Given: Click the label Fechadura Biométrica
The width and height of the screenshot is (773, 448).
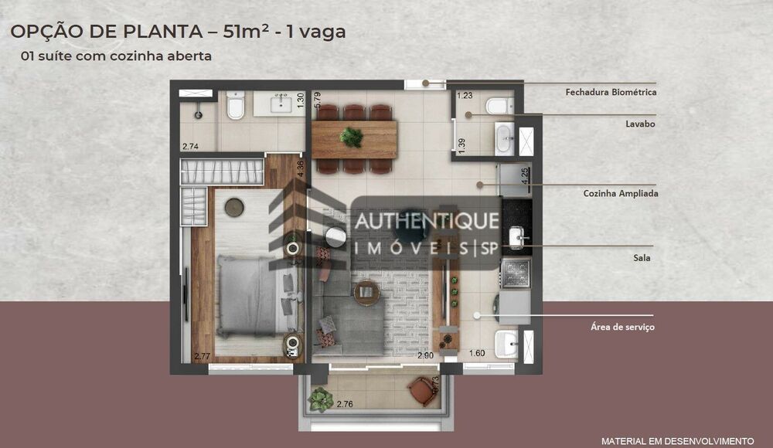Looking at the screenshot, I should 611,93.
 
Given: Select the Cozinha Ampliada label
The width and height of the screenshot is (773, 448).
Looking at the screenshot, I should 621,194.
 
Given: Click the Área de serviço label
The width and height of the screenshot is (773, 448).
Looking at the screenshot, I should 622,328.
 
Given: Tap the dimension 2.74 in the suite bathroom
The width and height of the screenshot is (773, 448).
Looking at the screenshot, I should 190,146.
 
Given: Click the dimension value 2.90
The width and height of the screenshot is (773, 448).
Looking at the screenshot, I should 424,355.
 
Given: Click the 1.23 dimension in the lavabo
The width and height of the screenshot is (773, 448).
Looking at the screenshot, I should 464,96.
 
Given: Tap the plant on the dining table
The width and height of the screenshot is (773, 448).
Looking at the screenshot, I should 352,137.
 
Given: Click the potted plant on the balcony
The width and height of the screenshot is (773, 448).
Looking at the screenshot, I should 320,399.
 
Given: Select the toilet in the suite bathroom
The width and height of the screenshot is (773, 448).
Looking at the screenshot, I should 236,106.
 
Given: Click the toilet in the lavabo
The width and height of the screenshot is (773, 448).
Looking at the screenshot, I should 496,106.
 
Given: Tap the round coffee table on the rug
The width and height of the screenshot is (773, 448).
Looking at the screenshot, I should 366,293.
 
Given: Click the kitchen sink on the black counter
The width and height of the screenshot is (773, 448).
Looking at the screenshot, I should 516,236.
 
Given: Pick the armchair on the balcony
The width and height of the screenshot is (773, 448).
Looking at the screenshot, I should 423,392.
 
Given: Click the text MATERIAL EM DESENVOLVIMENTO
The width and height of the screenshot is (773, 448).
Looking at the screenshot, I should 677,439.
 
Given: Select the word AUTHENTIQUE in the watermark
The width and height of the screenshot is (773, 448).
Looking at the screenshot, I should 427,221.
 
